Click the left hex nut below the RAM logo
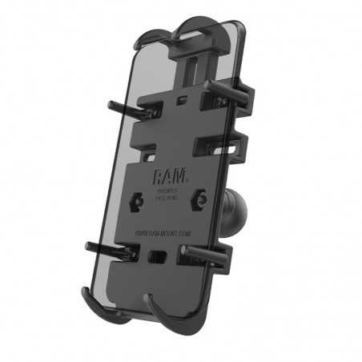coord(138,203)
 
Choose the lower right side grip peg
coord(210,255)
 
